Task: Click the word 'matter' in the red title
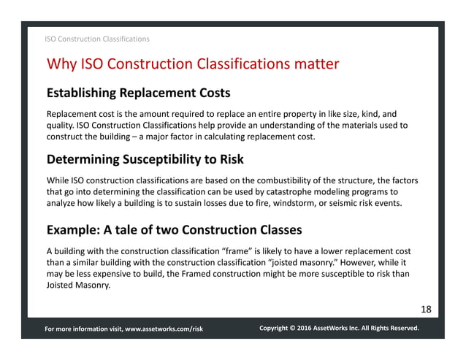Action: click(x=313, y=64)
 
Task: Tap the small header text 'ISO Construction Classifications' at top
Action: click(x=97, y=38)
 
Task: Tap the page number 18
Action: click(x=426, y=310)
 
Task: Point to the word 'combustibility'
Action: click(x=287, y=180)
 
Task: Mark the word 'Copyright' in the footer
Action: click(x=278, y=329)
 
